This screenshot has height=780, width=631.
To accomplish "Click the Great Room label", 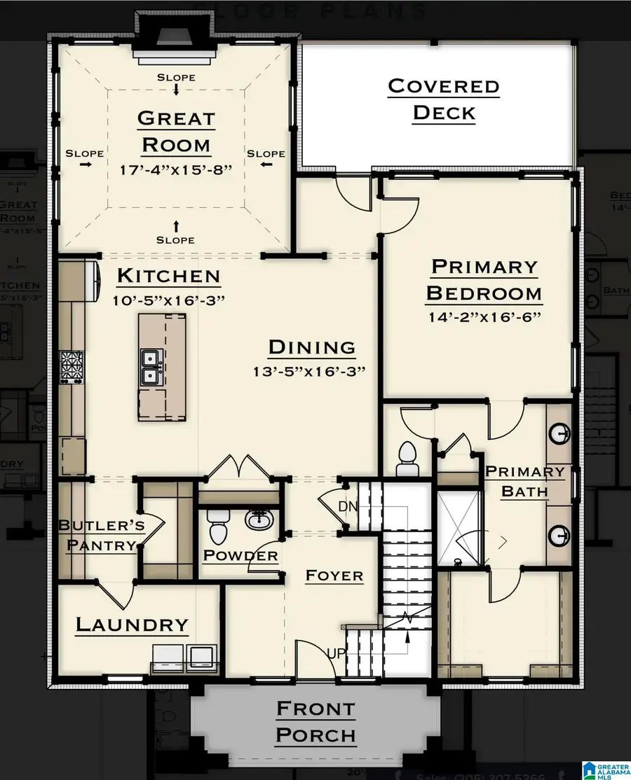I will (x=175, y=131).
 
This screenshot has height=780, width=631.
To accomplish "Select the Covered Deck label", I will (x=443, y=99).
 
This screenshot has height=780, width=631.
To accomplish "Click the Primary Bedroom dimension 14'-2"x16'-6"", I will (x=484, y=316).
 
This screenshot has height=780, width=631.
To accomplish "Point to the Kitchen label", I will (x=168, y=276).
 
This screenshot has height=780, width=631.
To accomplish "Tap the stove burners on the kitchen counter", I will (x=71, y=365).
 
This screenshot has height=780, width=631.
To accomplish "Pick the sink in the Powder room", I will (x=259, y=520).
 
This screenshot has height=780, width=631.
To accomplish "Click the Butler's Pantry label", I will (x=102, y=535).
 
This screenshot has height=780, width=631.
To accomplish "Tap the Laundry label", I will (x=132, y=625).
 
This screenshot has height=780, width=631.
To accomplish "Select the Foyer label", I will (x=334, y=576).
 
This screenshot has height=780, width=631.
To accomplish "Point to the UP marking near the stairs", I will (x=336, y=653).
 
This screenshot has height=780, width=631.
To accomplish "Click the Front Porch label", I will (x=315, y=722).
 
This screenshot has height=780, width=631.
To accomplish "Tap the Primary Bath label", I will (x=524, y=481).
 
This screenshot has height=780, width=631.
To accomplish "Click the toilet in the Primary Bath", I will (x=407, y=458).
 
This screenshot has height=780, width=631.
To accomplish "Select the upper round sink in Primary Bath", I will (x=559, y=433).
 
